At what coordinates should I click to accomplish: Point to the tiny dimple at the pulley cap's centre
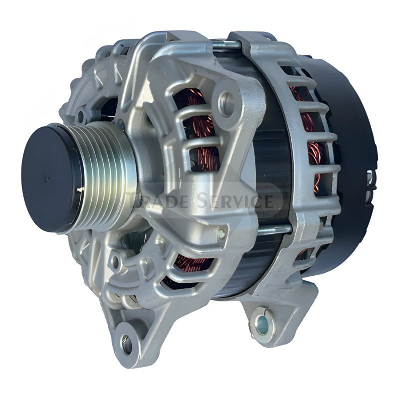click(x=46, y=179)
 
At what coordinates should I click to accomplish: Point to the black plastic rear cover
click(x=349, y=150)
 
